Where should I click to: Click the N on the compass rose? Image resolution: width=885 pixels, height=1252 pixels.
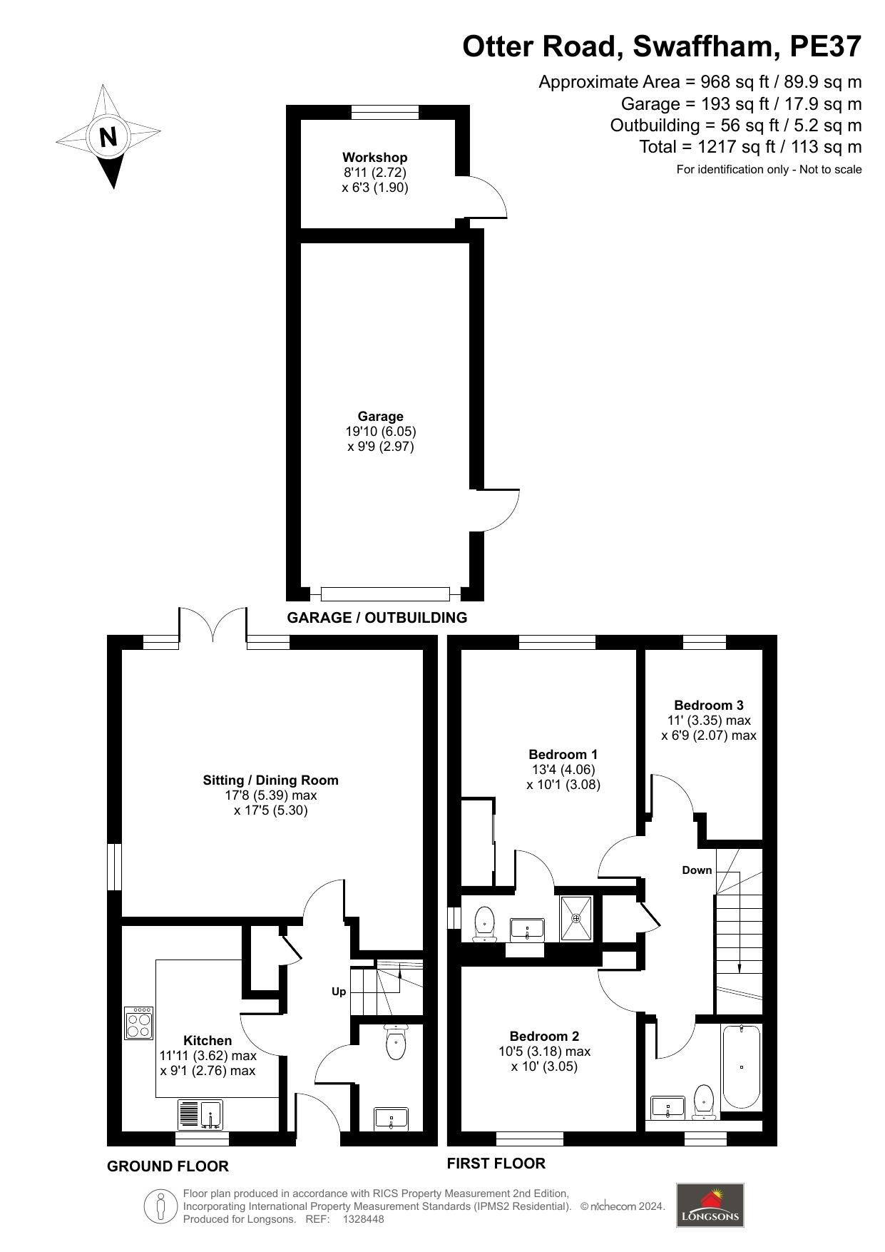pyautogui.click(x=108, y=136)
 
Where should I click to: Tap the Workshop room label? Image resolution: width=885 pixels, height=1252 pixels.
pyautogui.click(x=374, y=157)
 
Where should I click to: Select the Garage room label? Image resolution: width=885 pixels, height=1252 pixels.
pyautogui.click(x=380, y=416)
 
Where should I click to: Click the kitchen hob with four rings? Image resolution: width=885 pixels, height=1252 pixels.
pyautogui.click(x=139, y=1023)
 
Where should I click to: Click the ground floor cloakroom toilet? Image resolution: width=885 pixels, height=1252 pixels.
pyautogui.click(x=395, y=1042)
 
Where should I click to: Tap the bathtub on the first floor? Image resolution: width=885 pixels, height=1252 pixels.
pyautogui.click(x=742, y=1066)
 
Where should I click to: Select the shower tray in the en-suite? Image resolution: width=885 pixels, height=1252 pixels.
pyautogui.click(x=575, y=918)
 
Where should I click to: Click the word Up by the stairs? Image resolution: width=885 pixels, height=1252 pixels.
pyautogui.click(x=339, y=992)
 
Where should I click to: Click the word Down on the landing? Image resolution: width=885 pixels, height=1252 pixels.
pyautogui.click(x=697, y=870)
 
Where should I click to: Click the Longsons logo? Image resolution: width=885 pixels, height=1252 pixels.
pyautogui.click(x=710, y=1205)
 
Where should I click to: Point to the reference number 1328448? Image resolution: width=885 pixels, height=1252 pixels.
pyautogui.click(x=364, y=1219)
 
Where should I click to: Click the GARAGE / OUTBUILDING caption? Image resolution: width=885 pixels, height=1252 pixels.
pyautogui.click(x=377, y=618)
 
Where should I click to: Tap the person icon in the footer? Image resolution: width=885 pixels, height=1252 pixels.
pyautogui.click(x=161, y=1207)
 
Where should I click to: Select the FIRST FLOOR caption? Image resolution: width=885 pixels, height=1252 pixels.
pyautogui.click(x=496, y=1164)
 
